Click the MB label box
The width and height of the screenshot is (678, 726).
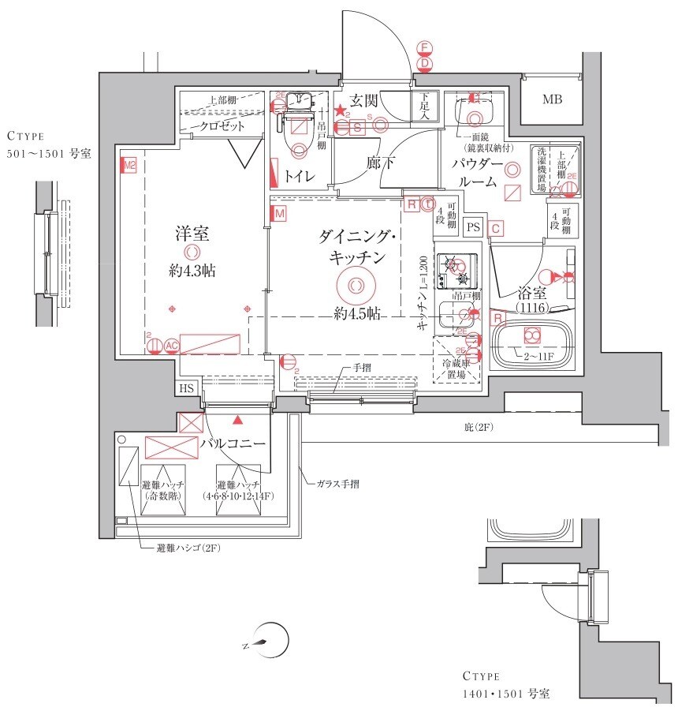coord(552,99)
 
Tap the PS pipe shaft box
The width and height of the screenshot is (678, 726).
coord(473,226)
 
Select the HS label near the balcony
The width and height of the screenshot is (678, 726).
coord(186,387)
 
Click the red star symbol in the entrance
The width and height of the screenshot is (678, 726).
coord(339,111)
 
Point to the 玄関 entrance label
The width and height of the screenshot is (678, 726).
coord(366,101)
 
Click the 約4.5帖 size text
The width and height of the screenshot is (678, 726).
coord(356,313)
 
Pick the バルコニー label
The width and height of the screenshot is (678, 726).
coord(232,443)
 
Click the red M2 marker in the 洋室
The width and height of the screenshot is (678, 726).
coord(129,166)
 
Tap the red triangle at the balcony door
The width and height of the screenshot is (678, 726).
coord(237,419)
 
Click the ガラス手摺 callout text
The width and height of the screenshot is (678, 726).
coord(339,484)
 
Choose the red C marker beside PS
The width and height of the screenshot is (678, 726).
coord(495,229)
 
